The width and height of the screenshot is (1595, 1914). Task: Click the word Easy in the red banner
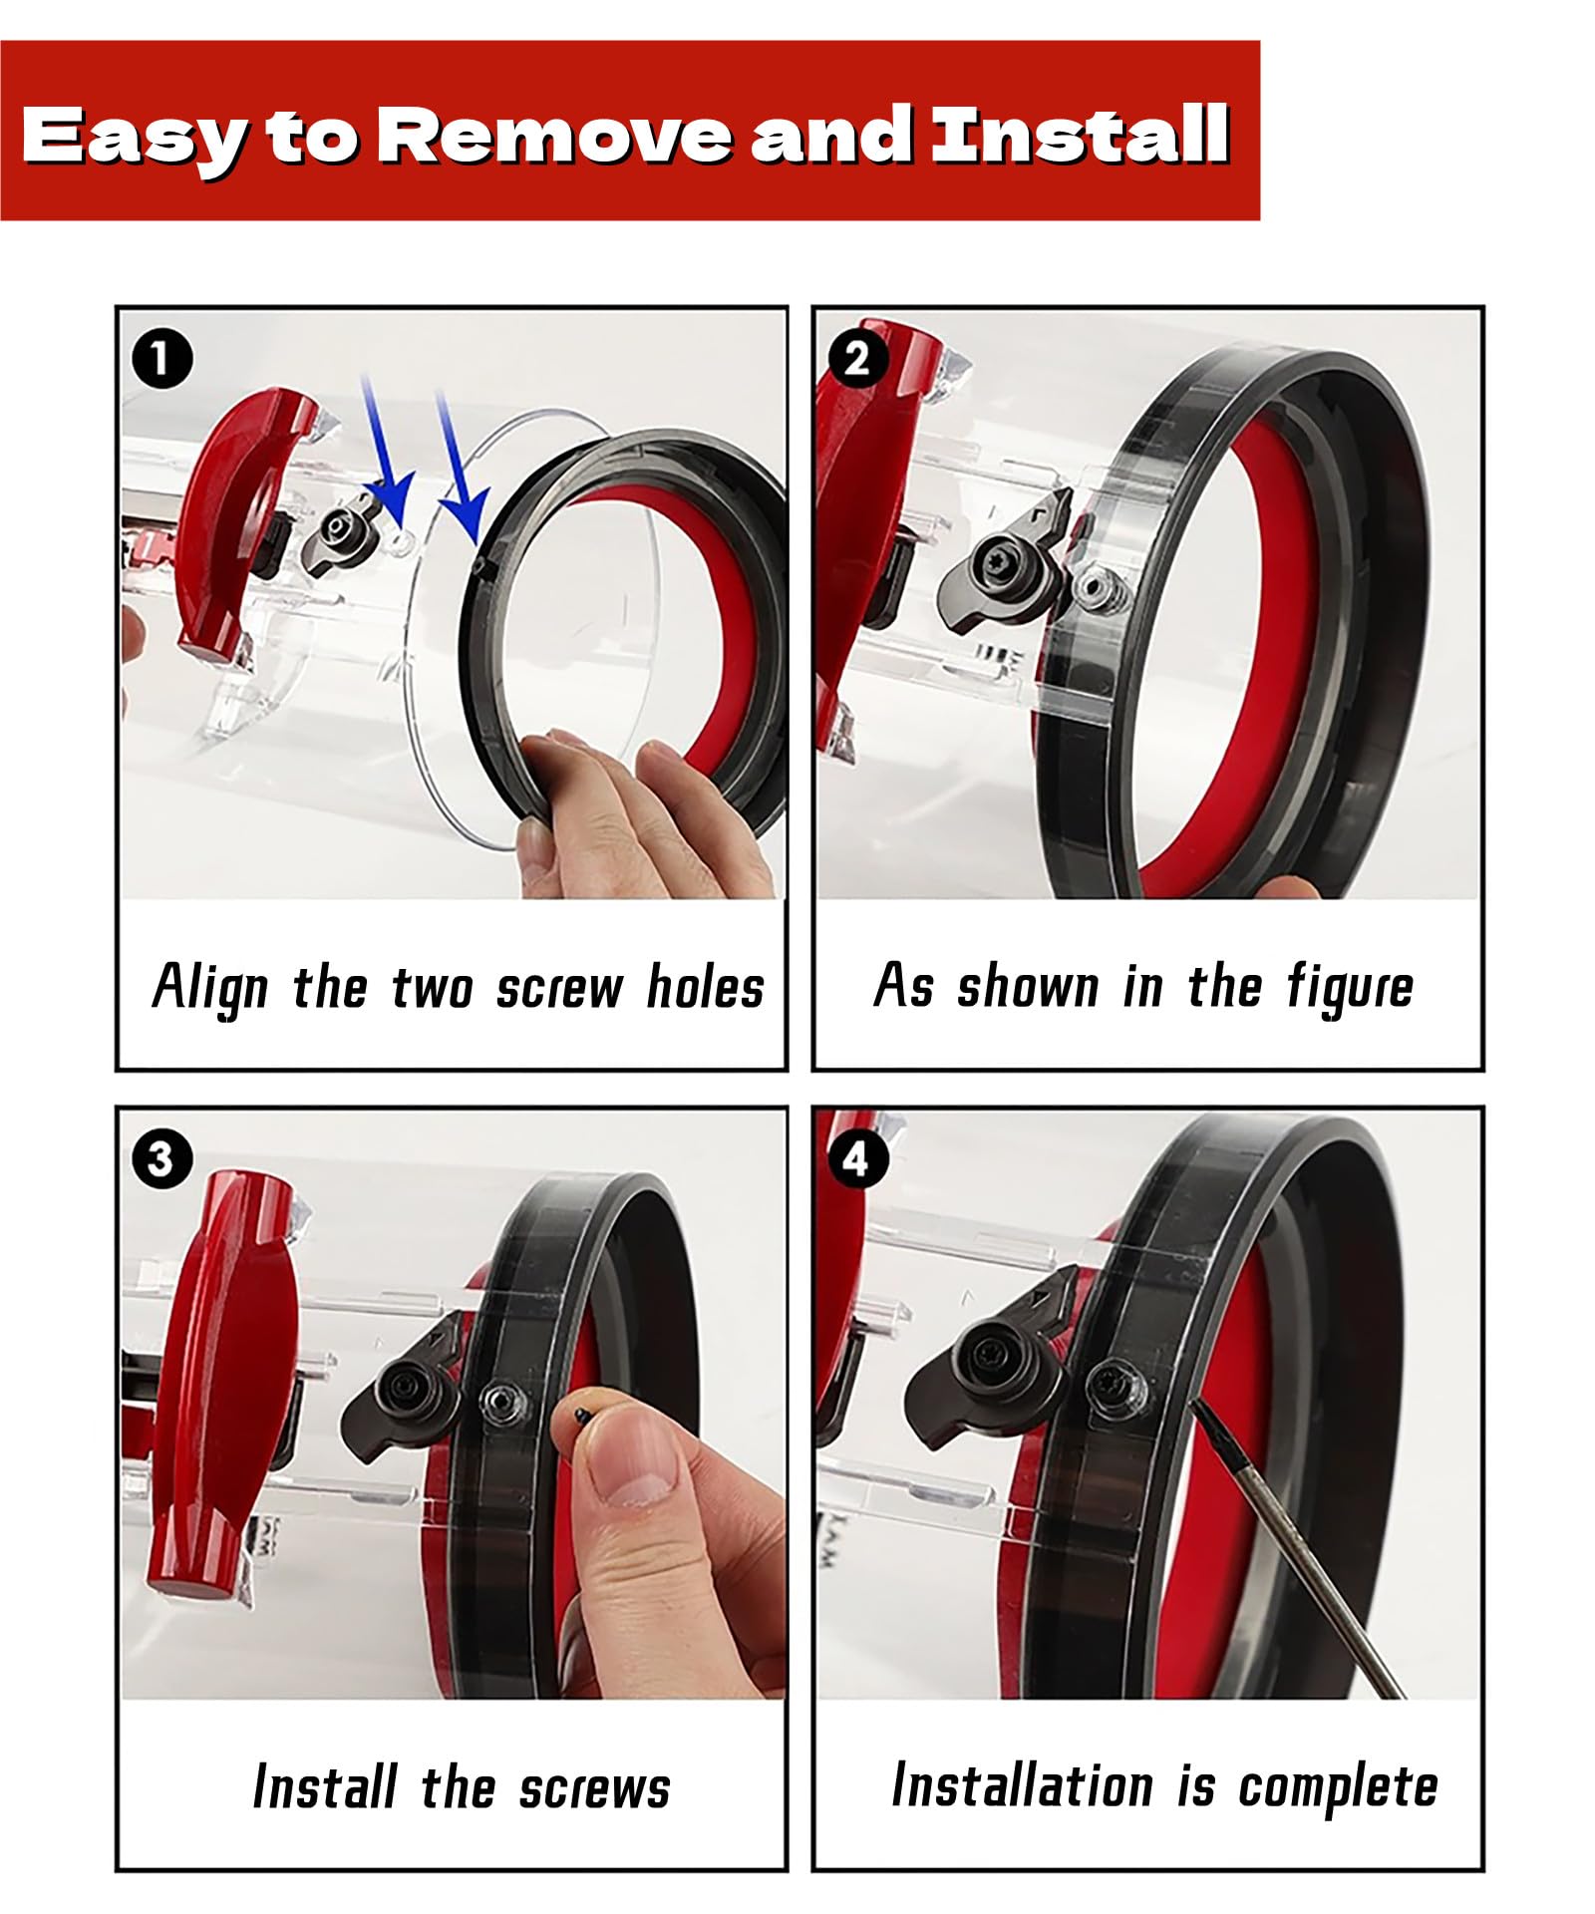(132, 137)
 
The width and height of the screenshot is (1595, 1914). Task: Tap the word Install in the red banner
(1080, 134)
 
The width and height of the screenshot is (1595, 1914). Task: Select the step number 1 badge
(160, 360)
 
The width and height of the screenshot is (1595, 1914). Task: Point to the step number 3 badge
(160, 1159)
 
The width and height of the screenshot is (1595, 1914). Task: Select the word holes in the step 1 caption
(706, 987)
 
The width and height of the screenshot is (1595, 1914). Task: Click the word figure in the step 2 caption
(1350, 988)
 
